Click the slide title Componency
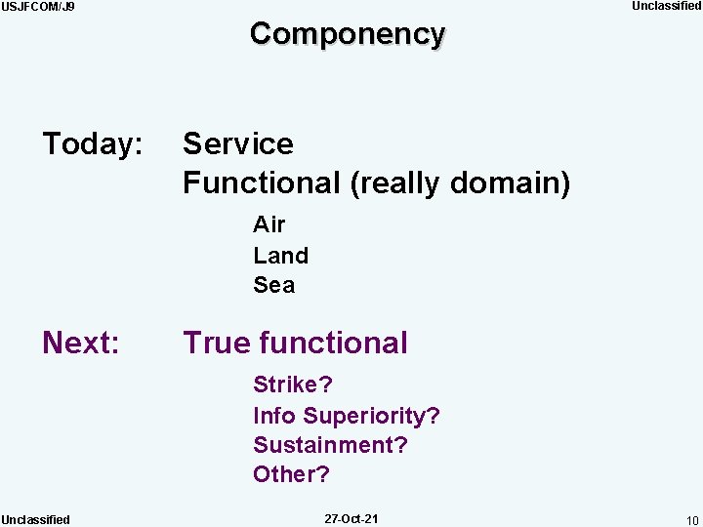(348, 33)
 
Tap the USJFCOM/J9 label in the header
(38, 7)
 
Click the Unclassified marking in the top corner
(666, 6)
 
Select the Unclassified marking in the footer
(35, 519)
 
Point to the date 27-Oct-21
(351, 518)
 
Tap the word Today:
(93, 144)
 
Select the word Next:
(81, 343)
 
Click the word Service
(237, 144)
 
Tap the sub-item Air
(269, 224)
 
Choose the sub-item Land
(280, 255)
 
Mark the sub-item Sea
(273, 285)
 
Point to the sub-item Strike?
(292, 385)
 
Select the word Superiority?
(371, 416)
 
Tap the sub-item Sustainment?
(330, 445)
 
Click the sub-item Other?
(291, 474)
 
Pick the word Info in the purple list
(273, 416)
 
